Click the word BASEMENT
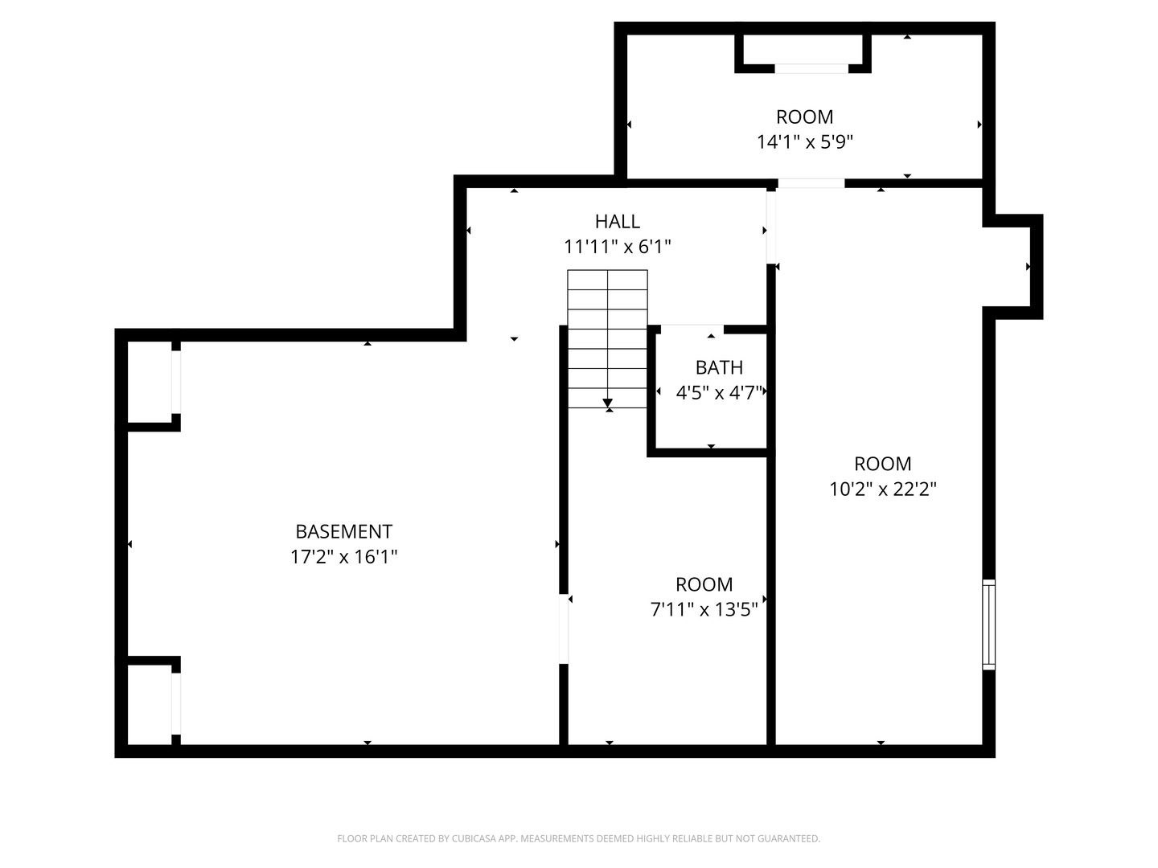point(343,531)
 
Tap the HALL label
point(618,221)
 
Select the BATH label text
point(719,367)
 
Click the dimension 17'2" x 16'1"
point(343,556)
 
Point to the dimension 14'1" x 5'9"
point(804,141)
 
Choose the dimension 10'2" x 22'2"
point(883,489)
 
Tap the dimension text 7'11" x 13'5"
point(704,610)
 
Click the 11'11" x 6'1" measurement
point(618,247)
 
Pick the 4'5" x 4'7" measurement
point(719,393)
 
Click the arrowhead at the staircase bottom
point(608,403)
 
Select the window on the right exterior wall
point(988,624)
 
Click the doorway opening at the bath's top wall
point(692,329)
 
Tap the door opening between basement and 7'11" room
point(564,628)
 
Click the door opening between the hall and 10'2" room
point(770,227)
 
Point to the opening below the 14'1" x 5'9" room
point(811,183)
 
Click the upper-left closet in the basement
point(150,382)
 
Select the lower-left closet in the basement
point(150,705)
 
